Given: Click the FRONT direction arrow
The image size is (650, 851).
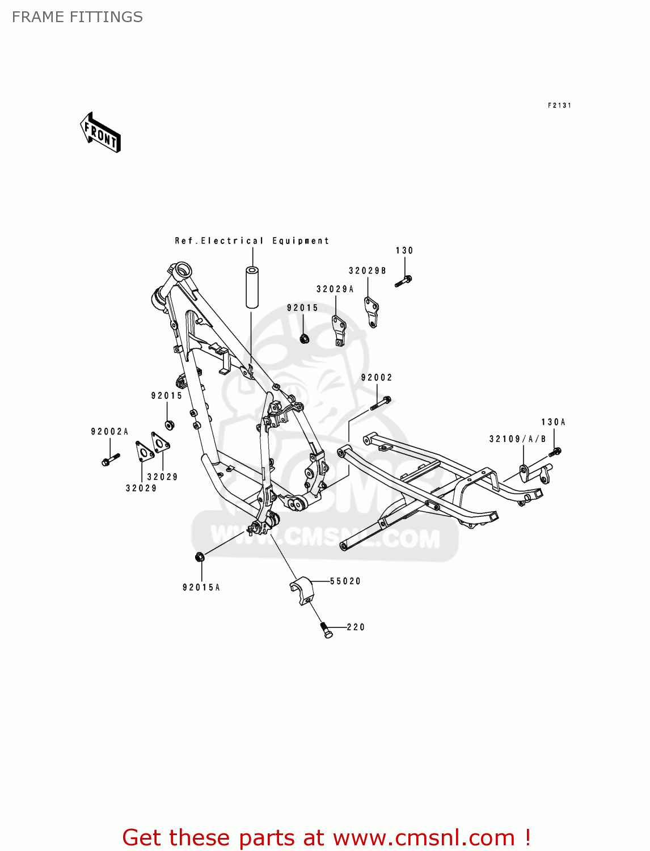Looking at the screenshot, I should (x=100, y=133).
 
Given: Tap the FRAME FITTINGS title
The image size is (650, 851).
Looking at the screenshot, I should (x=77, y=17).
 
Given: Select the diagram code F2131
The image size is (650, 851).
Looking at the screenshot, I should (x=559, y=106).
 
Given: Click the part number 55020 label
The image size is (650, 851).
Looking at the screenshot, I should (x=345, y=581).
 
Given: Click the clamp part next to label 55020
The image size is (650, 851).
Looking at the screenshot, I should (x=302, y=591).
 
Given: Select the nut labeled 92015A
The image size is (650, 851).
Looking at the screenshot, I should (x=200, y=557).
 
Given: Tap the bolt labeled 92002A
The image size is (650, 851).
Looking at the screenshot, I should (x=109, y=460).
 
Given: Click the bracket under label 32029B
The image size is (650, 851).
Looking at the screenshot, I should (x=372, y=313).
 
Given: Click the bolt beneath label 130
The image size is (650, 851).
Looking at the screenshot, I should (x=403, y=281).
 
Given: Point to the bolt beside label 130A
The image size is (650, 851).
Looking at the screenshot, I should (x=555, y=452).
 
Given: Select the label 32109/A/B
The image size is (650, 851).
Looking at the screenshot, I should (x=517, y=439).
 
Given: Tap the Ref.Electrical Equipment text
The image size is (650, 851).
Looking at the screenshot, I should (x=252, y=241).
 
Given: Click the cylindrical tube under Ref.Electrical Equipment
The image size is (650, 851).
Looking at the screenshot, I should (x=251, y=287).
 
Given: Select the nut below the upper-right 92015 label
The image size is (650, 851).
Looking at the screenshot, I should (x=304, y=339).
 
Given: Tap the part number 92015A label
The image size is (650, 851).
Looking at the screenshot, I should (x=201, y=587).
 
